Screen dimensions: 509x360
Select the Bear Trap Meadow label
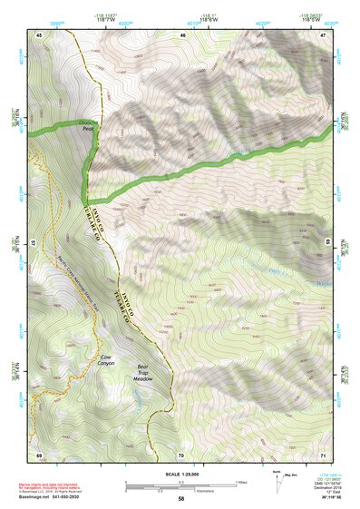141,374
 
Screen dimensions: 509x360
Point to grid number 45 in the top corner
40,34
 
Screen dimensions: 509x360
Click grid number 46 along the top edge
182,34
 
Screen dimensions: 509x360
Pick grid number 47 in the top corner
323,34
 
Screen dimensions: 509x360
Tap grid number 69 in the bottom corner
40,454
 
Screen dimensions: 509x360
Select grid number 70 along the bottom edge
181,454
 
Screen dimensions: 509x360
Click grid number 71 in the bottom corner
323,454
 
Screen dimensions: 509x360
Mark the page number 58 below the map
181,498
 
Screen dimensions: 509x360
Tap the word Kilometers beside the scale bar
193,488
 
